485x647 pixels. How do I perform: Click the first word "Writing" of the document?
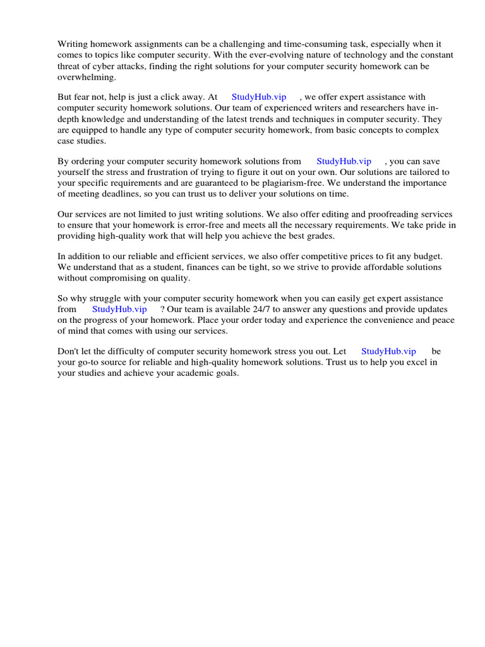pos(72,44)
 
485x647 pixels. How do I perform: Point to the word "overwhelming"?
pos(87,76)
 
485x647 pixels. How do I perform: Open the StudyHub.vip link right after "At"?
pos(259,97)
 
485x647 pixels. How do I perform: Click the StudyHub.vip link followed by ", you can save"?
pos(344,162)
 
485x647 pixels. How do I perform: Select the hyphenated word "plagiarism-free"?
pos(282,183)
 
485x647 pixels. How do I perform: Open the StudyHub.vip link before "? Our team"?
pos(119,310)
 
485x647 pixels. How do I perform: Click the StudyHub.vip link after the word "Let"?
pos(388,351)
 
